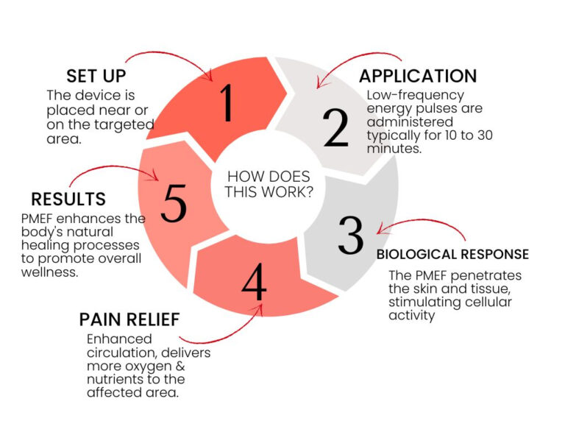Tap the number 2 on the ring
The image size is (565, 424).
[335, 129]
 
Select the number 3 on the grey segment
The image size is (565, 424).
[351, 235]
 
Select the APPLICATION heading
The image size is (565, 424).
[417, 76]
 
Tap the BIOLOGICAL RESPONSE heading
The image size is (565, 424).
[452, 254]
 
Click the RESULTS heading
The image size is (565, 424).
[68, 199]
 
